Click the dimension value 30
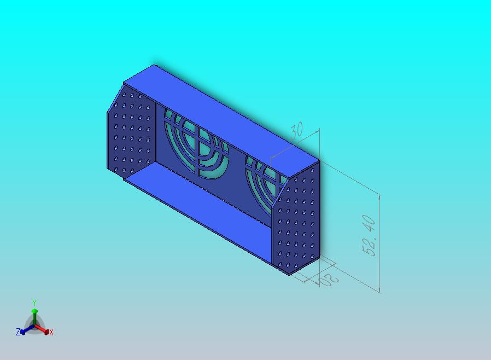(x=296, y=131)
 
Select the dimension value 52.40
(x=369, y=235)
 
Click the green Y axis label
(x=34, y=303)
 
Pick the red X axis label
(x=51, y=332)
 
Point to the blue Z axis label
(x=17, y=332)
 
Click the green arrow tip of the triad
(x=34, y=311)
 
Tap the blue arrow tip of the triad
(x=23, y=331)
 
